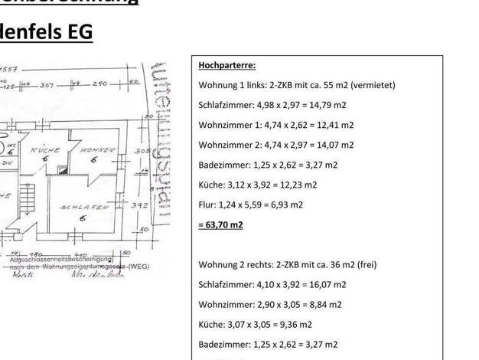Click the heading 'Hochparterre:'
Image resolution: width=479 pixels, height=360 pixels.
click(227, 65)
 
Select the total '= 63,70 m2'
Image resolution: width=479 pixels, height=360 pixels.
click(220, 224)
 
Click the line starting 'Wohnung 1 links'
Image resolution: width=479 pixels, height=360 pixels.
click(297, 85)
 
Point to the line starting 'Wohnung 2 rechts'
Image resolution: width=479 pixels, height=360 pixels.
click(287, 264)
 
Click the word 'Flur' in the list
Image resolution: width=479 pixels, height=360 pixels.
click(207, 205)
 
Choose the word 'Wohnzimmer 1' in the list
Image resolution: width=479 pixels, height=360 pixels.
click(228, 125)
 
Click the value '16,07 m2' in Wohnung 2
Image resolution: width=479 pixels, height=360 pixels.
click(327, 284)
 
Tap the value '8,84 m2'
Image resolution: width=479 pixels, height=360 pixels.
click(325, 304)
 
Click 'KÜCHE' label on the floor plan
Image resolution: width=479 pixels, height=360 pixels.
click(45, 151)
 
